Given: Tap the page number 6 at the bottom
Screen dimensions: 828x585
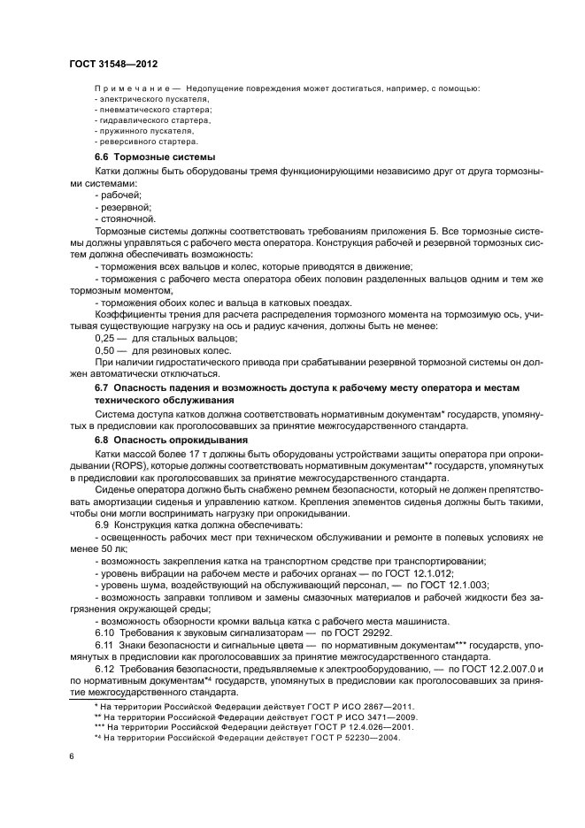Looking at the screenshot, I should tap(72, 755).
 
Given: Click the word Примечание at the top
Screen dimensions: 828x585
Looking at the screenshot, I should tap(131, 89).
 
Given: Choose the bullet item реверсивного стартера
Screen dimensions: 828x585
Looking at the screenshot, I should tap(147, 142).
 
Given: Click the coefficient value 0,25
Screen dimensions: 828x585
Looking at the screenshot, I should tap(105, 339).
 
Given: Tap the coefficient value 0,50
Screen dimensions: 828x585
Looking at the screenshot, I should tap(105, 350).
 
